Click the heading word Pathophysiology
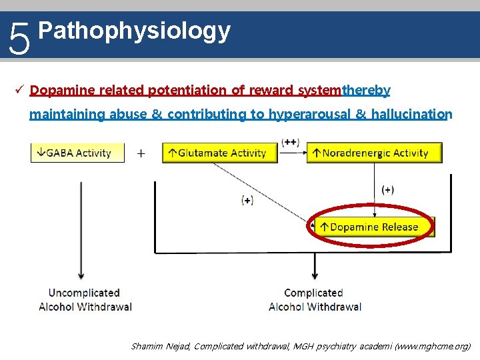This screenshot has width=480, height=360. coord(135,31)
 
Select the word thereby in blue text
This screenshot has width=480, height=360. coord(366,89)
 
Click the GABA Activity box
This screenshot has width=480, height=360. coord(77,153)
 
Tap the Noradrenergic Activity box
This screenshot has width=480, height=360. coord(374,153)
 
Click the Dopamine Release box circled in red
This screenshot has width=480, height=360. coord(374,227)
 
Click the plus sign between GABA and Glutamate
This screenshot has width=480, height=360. coord(141,153)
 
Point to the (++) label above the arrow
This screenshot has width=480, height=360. coord(290,142)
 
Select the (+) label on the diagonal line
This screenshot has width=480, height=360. coord(247,200)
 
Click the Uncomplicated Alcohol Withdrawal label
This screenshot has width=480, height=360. coord(85,300)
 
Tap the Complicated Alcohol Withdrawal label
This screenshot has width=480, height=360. coord(314,300)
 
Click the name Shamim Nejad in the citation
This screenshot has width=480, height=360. coord(160,346)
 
